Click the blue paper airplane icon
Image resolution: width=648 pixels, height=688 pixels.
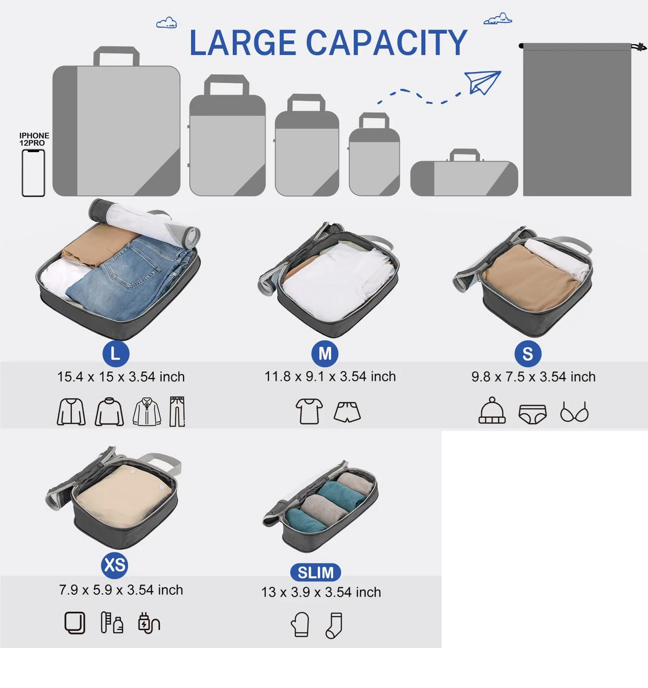click(x=482, y=83)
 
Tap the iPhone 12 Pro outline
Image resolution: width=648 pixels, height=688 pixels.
click(x=33, y=173)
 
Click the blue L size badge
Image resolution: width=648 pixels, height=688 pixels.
click(x=116, y=354)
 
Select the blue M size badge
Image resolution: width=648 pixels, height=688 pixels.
click(x=325, y=354)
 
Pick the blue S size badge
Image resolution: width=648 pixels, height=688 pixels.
click(x=528, y=354)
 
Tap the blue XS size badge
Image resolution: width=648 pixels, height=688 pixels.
click(x=114, y=565)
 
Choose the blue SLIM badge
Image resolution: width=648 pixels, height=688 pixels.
click(x=315, y=572)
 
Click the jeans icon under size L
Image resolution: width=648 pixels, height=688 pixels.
click(x=177, y=411)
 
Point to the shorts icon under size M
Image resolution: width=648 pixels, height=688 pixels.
click(x=347, y=412)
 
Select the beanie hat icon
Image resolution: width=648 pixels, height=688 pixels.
click(x=492, y=410)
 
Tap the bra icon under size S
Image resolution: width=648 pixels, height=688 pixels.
click(x=574, y=412)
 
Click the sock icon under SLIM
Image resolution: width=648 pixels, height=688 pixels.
click(x=334, y=625)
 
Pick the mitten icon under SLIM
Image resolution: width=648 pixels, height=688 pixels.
click(x=300, y=624)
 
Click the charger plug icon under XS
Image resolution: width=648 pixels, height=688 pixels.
click(x=149, y=623)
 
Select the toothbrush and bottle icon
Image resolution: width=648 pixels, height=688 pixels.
click(x=112, y=623)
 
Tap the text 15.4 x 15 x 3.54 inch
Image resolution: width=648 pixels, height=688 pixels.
click(x=120, y=377)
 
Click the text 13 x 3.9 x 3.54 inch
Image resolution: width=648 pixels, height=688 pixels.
click(x=321, y=592)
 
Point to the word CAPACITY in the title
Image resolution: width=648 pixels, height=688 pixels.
click(x=387, y=43)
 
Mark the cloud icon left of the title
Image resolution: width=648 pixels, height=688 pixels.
click(x=166, y=23)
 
